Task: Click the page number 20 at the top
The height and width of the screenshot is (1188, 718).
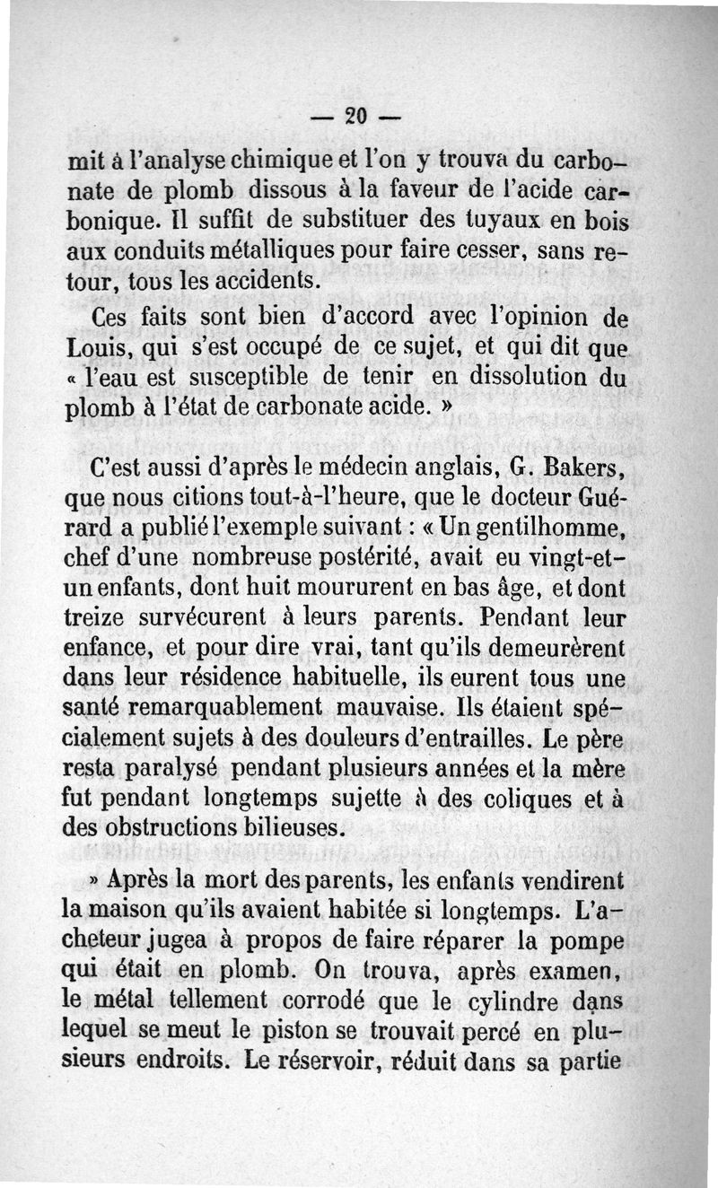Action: click(x=357, y=115)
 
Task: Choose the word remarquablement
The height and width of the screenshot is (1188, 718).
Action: click(x=224, y=707)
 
